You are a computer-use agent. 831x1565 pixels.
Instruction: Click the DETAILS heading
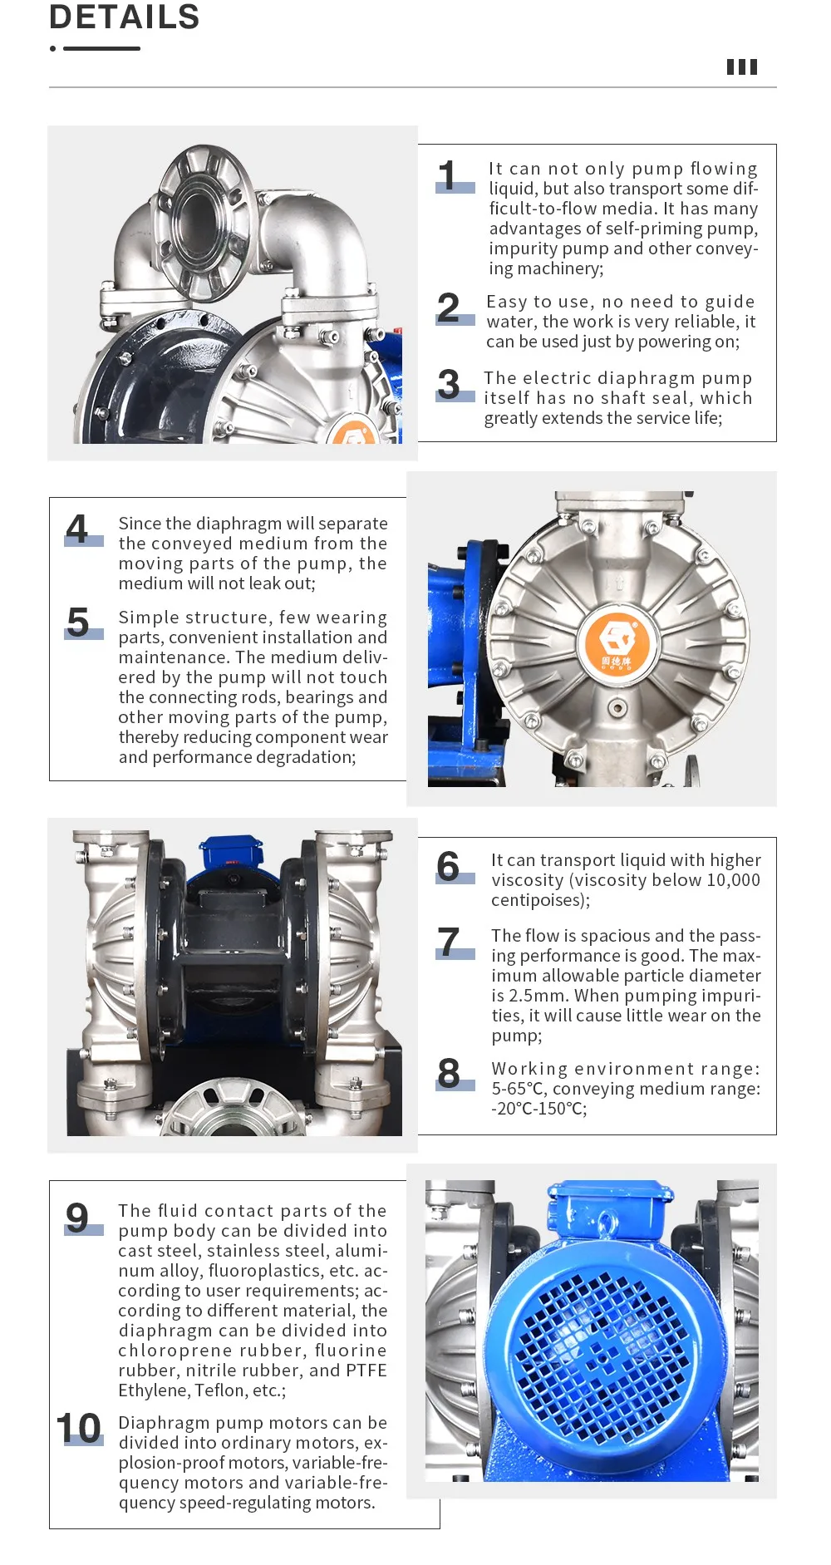[125, 17]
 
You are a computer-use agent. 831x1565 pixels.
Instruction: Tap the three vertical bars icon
[742, 67]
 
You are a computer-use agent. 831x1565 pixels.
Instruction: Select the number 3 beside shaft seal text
[449, 384]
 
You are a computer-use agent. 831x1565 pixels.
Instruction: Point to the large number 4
[77, 529]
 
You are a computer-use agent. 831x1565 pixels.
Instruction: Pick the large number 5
[78, 622]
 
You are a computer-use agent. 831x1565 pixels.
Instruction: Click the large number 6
[448, 866]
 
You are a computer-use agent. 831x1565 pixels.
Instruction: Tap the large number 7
[449, 942]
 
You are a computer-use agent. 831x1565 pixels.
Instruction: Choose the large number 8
[449, 1073]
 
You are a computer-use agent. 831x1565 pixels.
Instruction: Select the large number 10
[79, 1429]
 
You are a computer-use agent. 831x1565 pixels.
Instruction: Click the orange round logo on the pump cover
[617, 642]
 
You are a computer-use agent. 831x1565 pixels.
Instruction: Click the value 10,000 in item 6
[733, 880]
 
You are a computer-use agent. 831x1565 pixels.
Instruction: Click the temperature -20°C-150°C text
[539, 1109]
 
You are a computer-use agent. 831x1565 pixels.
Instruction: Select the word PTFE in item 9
[366, 1371]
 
